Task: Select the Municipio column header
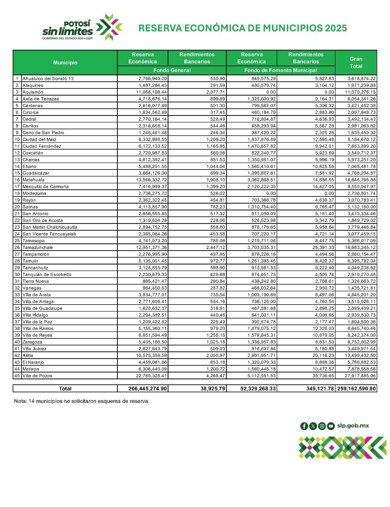[x=65, y=63]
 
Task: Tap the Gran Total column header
[x=356, y=63]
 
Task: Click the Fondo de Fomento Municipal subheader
[x=280, y=70]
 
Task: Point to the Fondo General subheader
[x=172, y=70]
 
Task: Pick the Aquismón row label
[x=33, y=92]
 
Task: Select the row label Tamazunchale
[x=37, y=247]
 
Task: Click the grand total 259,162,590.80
[x=356, y=389]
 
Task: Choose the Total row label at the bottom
[x=65, y=389]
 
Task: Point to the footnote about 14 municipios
[x=81, y=401]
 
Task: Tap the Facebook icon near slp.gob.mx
[x=304, y=426]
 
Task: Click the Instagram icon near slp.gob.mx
[x=322, y=426]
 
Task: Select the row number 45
[x=17, y=376]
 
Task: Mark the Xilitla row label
[x=28, y=356]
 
